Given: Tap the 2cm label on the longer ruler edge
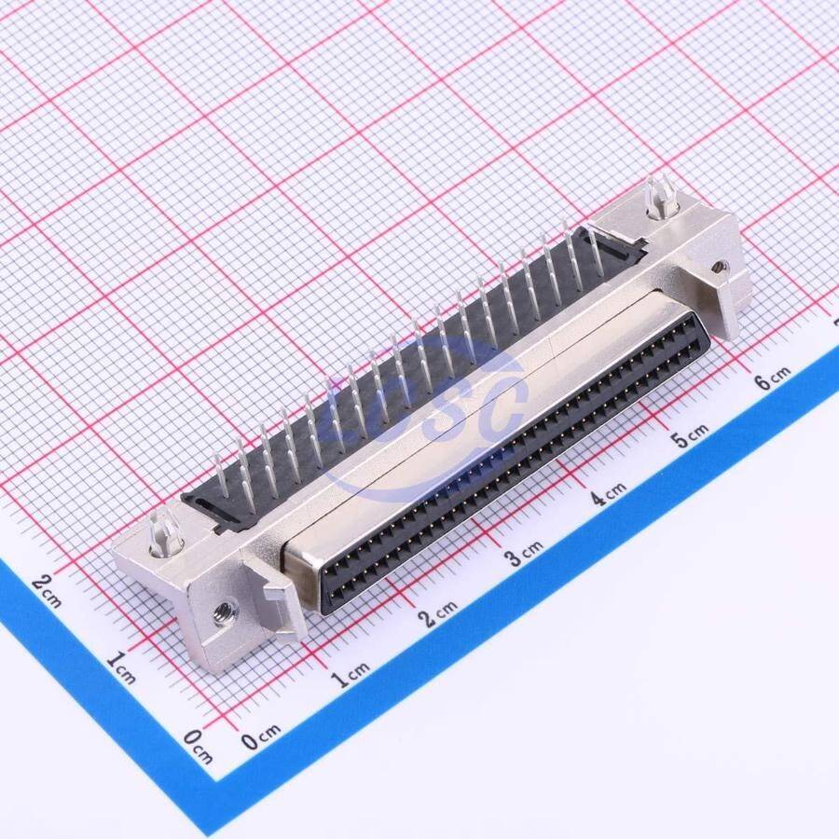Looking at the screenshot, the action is coord(438,614).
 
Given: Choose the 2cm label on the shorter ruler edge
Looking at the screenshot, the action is coord(48,591).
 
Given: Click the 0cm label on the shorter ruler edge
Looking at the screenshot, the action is coord(198,746).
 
